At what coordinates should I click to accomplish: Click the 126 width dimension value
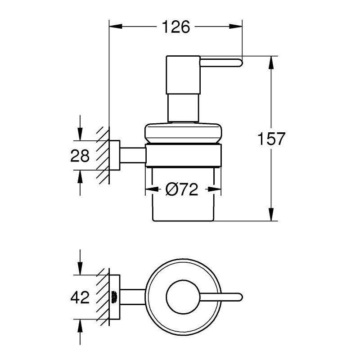(176, 27)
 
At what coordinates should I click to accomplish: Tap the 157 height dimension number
(271, 139)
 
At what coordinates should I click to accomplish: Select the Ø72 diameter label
(182, 189)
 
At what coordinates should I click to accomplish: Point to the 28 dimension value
(80, 155)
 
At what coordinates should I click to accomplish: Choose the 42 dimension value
(80, 297)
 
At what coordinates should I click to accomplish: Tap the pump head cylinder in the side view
(183, 75)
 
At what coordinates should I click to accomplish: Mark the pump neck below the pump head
(183, 108)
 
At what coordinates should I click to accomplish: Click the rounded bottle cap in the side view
(183, 133)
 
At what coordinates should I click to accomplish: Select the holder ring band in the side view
(183, 155)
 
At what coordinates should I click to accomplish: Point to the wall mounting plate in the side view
(114, 155)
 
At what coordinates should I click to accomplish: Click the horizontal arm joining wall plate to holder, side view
(133, 155)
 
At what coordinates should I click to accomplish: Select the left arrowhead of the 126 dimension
(116, 27)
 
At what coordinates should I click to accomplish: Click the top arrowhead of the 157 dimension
(271, 63)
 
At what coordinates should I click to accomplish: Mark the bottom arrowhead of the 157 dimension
(271, 215)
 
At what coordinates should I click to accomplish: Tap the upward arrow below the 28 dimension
(80, 183)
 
